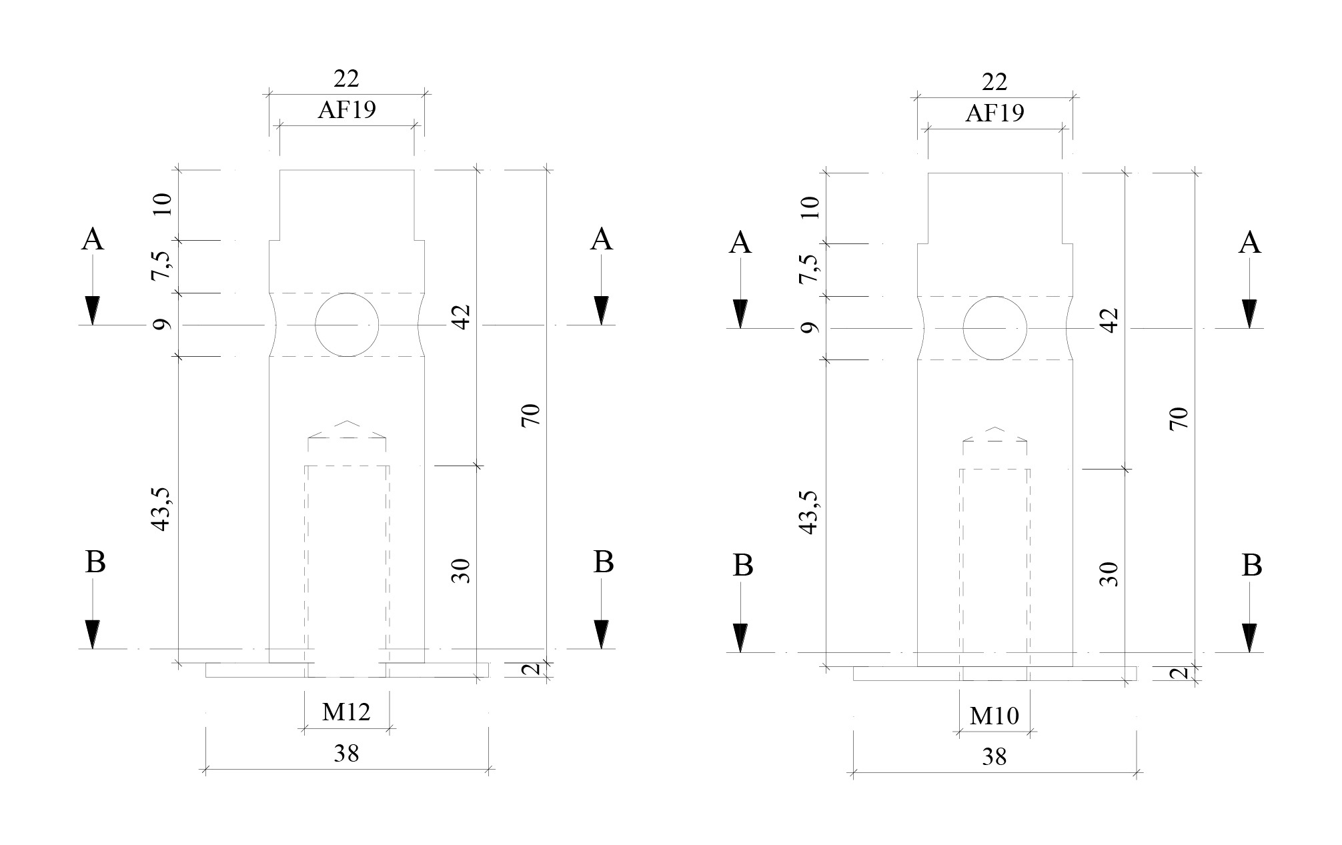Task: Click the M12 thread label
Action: pyautogui.click(x=346, y=713)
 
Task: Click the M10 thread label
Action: pyautogui.click(x=994, y=716)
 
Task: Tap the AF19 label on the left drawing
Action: pyautogui.click(x=346, y=110)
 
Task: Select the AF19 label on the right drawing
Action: pyautogui.click(x=994, y=113)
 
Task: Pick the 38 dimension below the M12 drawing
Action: pyautogui.click(x=346, y=754)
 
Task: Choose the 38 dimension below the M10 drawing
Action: pyautogui.click(x=994, y=757)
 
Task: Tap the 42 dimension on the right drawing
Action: pyautogui.click(x=1109, y=321)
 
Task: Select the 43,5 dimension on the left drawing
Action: pyautogui.click(x=160, y=510)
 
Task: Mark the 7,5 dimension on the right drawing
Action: pyautogui.click(x=808, y=268)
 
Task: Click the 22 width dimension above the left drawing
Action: pyautogui.click(x=346, y=79)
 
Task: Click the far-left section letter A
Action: pyautogui.click(x=93, y=239)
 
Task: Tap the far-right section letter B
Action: pyautogui.click(x=1251, y=566)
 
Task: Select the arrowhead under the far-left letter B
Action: pyautogui.click(x=93, y=634)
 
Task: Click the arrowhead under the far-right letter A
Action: pyautogui.click(x=1249, y=314)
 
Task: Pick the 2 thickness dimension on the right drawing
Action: pyautogui.click(x=1180, y=673)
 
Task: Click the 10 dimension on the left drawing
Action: pyautogui.click(x=162, y=203)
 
